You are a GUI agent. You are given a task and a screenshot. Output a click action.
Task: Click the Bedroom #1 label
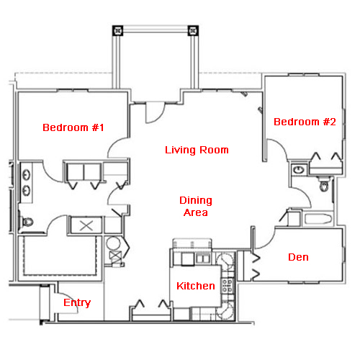(73, 127)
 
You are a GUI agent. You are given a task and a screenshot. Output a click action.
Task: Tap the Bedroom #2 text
(305, 122)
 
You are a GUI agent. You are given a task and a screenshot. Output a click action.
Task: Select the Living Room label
(197, 150)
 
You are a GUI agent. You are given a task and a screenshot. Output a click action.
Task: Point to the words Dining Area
(196, 207)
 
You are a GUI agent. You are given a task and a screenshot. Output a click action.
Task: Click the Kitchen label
(196, 286)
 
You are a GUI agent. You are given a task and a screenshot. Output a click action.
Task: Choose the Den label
(298, 257)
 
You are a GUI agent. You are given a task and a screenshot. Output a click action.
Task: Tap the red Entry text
(77, 302)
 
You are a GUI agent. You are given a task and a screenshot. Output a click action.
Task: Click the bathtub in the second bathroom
(318, 219)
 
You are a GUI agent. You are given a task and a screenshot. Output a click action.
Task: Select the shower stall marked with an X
(86, 225)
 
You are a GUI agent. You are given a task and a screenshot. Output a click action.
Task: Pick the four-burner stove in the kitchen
(228, 286)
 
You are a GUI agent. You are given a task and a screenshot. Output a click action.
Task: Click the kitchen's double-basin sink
(203, 258)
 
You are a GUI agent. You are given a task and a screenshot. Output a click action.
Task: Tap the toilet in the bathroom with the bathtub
(324, 184)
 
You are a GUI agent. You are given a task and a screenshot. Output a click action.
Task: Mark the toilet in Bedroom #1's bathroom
(27, 222)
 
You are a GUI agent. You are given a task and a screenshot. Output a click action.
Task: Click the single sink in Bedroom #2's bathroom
(299, 170)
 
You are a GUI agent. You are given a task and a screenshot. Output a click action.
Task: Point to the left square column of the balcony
(117, 31)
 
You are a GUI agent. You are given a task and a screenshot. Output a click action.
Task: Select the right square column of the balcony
(193, 31)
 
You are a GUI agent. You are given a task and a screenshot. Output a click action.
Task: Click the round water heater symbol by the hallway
(113, 243)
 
